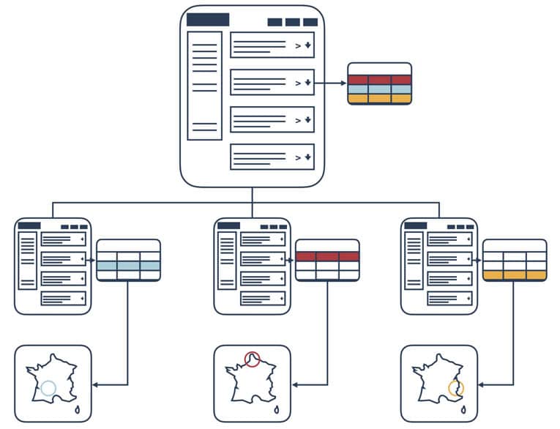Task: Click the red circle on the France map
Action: [x=253, y=359]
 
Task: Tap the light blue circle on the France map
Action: [x=48, y=389]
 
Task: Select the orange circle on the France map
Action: [x=456, y=388]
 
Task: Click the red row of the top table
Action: [x=379, y=80]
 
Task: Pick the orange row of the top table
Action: [x=379, y=98]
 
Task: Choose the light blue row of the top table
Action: [x=379, y=89]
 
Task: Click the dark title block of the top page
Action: [x=208, y=20]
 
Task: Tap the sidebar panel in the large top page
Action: [x=204, y=85]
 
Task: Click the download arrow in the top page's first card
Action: [x=308, y=45]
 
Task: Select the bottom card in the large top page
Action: [x=272, y=157]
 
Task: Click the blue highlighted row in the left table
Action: [x=128, y=266]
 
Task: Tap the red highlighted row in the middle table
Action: [x=327, y=257]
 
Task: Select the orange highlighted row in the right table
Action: [x=515, y=275]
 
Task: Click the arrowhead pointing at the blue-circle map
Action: [x=95, y=384]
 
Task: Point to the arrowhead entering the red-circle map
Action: [x=294, y=384]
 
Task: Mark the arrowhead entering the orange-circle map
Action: [x=482, y=384]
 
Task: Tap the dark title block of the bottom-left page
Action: [x=29, y=225]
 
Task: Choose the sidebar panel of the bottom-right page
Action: [x=414, y=261]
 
